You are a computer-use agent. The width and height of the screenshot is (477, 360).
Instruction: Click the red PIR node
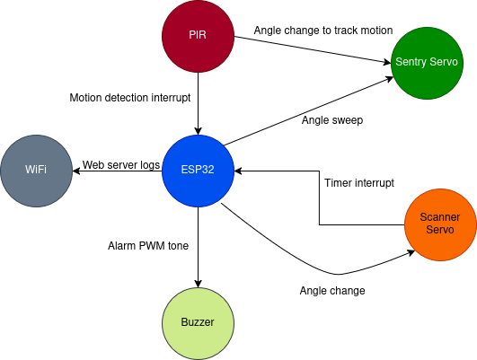[x=198, y=36]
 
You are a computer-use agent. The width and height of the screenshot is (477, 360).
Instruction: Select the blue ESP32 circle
[x=198, y=171]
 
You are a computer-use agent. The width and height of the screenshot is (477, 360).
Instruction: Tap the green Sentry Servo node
[x=427, y=62]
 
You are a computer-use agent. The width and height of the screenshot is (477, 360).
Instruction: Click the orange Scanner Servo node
[x=440, y=224]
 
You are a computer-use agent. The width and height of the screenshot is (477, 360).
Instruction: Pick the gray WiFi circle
[x=36, y=171]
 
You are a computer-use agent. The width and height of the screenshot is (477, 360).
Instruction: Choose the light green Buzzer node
[x=198, y=322]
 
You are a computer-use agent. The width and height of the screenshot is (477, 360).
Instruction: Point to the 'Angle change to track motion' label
[x=322, y=31]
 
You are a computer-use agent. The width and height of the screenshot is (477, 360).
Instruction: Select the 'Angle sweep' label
[x=331, y=119]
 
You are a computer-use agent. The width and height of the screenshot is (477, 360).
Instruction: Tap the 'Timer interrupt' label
[x=358, y=183]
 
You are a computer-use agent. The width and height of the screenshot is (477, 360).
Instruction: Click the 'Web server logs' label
[x=121, y=165]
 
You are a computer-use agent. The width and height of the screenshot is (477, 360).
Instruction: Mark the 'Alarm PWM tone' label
[x=148, y=245]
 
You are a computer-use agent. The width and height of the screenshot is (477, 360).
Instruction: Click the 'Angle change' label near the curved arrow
[x=331, y=290]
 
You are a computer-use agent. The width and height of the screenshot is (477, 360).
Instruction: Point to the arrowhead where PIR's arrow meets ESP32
[x=198, y=129]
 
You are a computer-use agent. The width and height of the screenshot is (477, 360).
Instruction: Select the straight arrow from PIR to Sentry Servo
[x=314, y=49]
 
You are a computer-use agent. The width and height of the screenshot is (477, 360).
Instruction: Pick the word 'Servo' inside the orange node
[x=440, y=230]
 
